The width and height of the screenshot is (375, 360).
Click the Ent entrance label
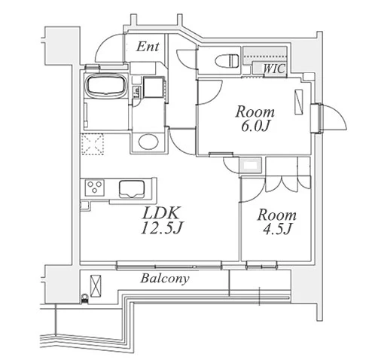(x=148, y=47)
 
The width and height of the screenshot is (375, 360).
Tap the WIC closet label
(x=275, y=69)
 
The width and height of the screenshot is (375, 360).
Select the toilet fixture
(x=227, y=60)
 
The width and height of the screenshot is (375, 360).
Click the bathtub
(x=106, y=85)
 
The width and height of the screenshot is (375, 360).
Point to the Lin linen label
(x=137, y=93)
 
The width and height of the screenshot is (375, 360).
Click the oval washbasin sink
(x=148, y=142)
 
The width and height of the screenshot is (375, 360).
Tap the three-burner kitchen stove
(x=95, y=188)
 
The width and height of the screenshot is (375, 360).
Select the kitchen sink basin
(x=132, y=189)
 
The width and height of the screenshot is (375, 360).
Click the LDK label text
(x=161, y=213)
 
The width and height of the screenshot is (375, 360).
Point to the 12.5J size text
(x=160, y=228)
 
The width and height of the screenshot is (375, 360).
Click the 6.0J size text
(x=255, y=127)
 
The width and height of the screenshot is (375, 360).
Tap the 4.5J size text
(x=277, y=229)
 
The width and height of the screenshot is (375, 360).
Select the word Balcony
(x=165, y=279)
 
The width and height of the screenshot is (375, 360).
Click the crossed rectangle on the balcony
(x=96, y=286)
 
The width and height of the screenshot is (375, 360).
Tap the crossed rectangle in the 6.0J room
(x=298, y=102)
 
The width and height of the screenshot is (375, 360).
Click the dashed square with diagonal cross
(x=93, y=144)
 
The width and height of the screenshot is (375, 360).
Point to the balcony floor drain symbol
(x=85, y=299)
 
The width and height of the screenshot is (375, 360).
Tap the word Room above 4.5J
(x=276, y=215)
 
